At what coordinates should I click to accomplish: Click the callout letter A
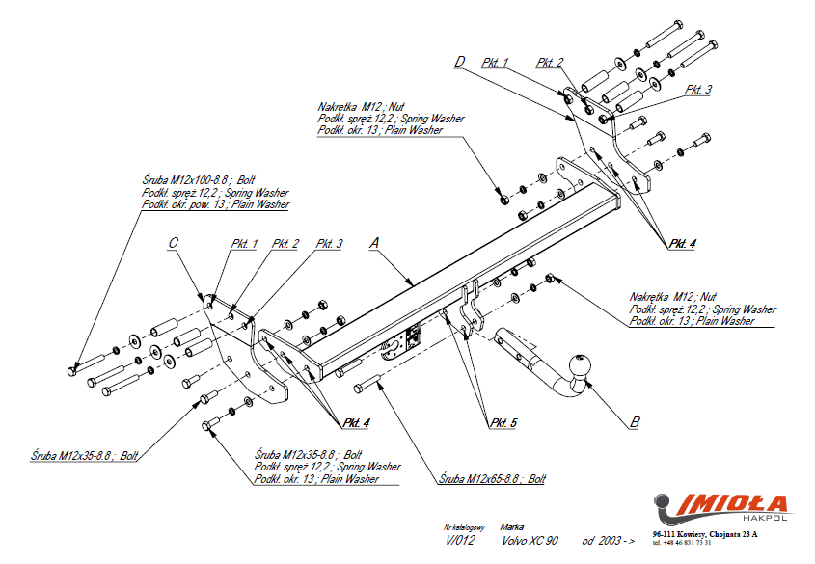pos(373,244)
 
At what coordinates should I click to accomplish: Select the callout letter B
pos(634,421)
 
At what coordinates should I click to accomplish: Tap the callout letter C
pos(173,243)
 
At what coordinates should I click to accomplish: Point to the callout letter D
pos(460,62)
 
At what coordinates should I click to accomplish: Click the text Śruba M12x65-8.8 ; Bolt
pos(492,478)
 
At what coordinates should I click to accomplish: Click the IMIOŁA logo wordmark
pos(737,503)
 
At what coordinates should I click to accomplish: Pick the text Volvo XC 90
pos(529,541)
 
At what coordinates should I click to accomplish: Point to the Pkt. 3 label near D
pos(698,89)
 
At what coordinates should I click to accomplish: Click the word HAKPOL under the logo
pos(769,519)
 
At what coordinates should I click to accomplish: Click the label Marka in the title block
pos(512,527)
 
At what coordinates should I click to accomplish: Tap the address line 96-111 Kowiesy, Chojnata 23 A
pos(704,533)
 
